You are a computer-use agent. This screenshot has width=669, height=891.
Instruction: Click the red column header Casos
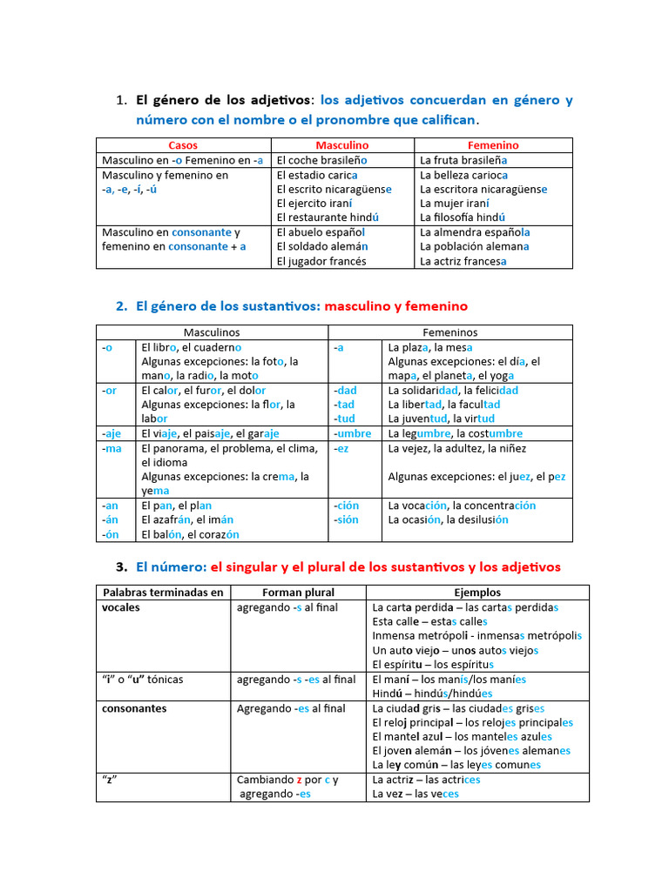[x=183, y=145]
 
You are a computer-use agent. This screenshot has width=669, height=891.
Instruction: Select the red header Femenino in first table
[x=493, y=145]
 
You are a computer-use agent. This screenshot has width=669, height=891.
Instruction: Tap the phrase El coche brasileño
[x=321, y=160]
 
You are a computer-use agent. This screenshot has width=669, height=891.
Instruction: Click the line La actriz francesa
[x=463, y=261]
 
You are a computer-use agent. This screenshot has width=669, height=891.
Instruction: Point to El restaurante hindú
[x=328, y=218]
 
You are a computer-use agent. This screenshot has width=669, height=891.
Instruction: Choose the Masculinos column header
[x=212, y=332]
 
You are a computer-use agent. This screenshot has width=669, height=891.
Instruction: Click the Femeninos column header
[x=449, y=332]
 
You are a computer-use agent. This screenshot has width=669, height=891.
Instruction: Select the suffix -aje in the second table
[x=111, y=433]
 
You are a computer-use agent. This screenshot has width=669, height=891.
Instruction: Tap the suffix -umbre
[x=352, y=433]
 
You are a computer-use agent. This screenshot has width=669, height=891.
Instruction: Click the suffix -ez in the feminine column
[x=341, y=448]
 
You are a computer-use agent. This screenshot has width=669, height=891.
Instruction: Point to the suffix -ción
[x=347, y=506]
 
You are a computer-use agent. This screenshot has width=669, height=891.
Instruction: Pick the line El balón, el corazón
[x=190, y=534]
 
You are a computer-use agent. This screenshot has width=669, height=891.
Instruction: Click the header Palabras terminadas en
[x=162, y=593]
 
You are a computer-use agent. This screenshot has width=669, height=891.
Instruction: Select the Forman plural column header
[x=297, y=593]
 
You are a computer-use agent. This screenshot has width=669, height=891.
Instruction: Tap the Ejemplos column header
[x=477, y=593]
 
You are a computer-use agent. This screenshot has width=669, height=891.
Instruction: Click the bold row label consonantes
[x=134, y=708]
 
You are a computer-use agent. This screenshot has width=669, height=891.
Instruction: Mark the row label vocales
[x=121, y=607]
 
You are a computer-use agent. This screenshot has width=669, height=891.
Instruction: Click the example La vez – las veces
[x=415, y=794]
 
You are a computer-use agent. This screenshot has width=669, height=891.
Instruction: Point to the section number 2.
[x=121, y=306]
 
